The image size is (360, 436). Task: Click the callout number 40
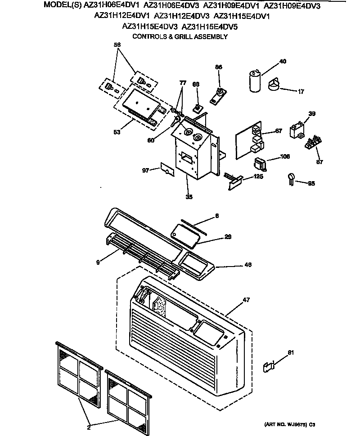point(283,61)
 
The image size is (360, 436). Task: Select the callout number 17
point(301,92)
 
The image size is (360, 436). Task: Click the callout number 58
point(117,44)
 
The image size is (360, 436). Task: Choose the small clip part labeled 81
point(269,367)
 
